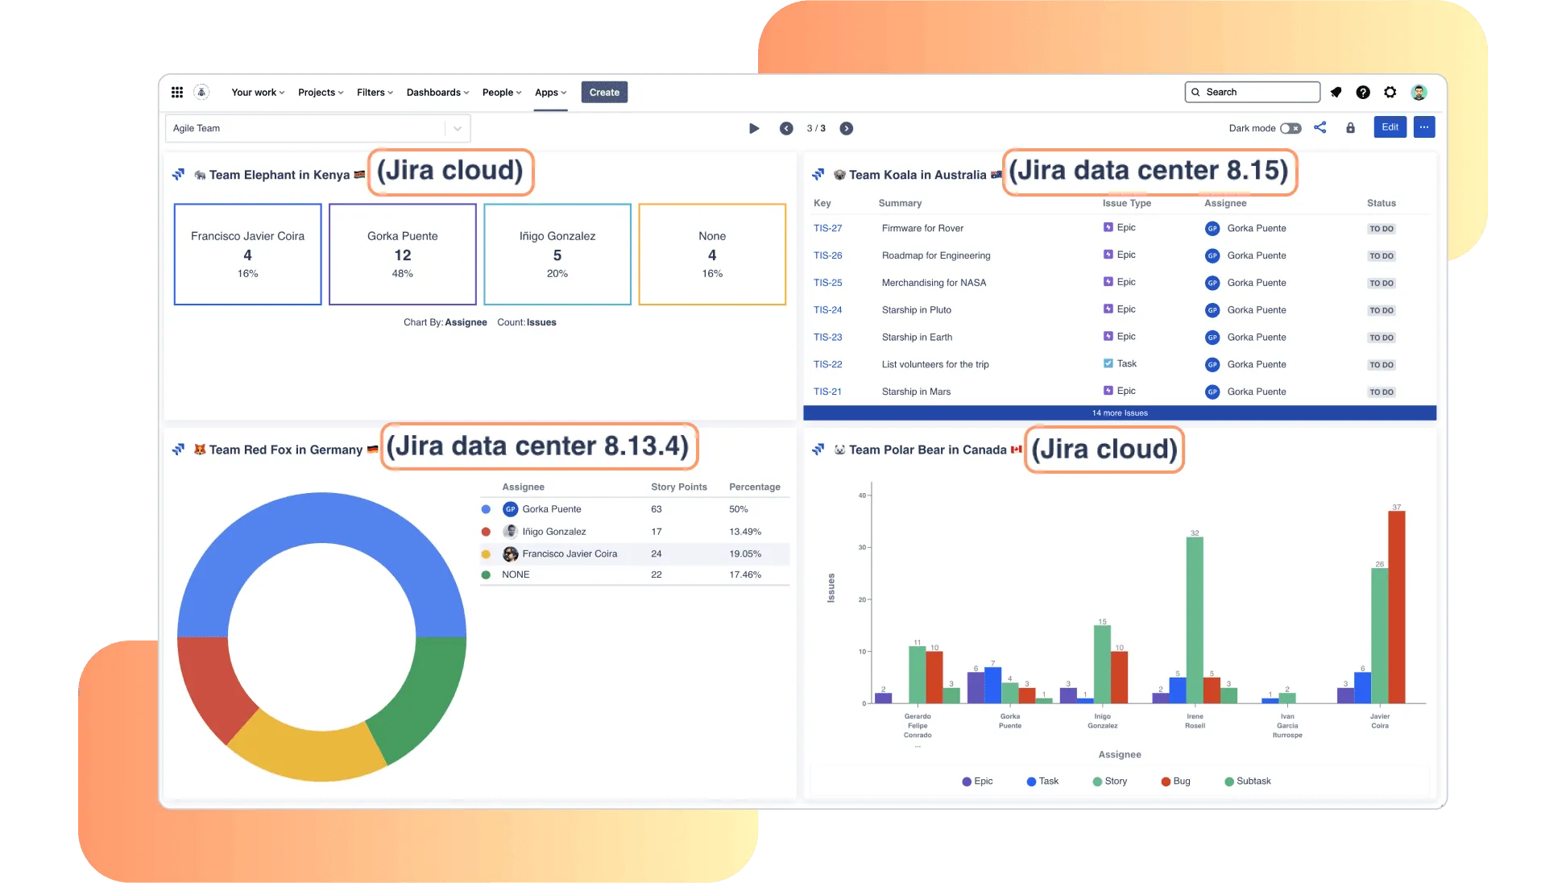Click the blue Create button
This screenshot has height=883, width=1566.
tap(604, 93)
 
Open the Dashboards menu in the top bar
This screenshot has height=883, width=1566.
tap(437, 93)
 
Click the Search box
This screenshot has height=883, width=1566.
tap(1253, 93)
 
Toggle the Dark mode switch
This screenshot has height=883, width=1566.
tap(1290, 128)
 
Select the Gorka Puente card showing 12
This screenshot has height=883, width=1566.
tap(403, 255)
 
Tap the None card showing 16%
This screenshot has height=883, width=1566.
tap(712, 255)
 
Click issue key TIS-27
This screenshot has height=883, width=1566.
tap(827, 229)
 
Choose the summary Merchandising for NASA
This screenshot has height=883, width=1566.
tap(934, 283)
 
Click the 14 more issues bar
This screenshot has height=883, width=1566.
tap(1120, 413)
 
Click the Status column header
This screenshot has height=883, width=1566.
tap(1381, 204)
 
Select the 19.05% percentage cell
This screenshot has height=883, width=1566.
tap(745, 554)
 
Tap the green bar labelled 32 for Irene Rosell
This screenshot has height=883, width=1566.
tap(1195, 620)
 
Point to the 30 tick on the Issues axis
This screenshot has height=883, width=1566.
tap(863, 548)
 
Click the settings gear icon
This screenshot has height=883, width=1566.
tap(1390, 93)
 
